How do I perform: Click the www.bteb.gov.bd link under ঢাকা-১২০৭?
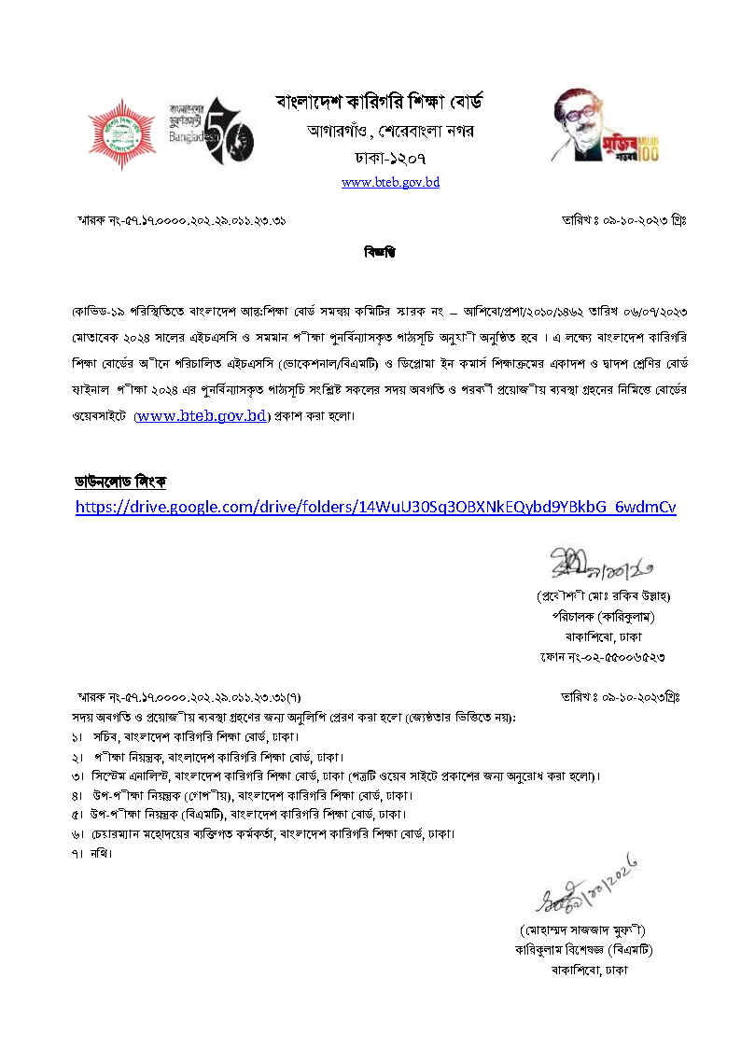click(390, 182)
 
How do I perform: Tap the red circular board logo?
click(121, 133)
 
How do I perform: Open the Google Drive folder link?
click(375, 507)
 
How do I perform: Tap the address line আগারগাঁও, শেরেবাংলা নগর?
click(390, 131)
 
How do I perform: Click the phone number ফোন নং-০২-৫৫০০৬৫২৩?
click(602, 657)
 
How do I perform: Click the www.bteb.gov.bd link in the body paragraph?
click(202, 416)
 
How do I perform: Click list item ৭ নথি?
click(91, 853)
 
